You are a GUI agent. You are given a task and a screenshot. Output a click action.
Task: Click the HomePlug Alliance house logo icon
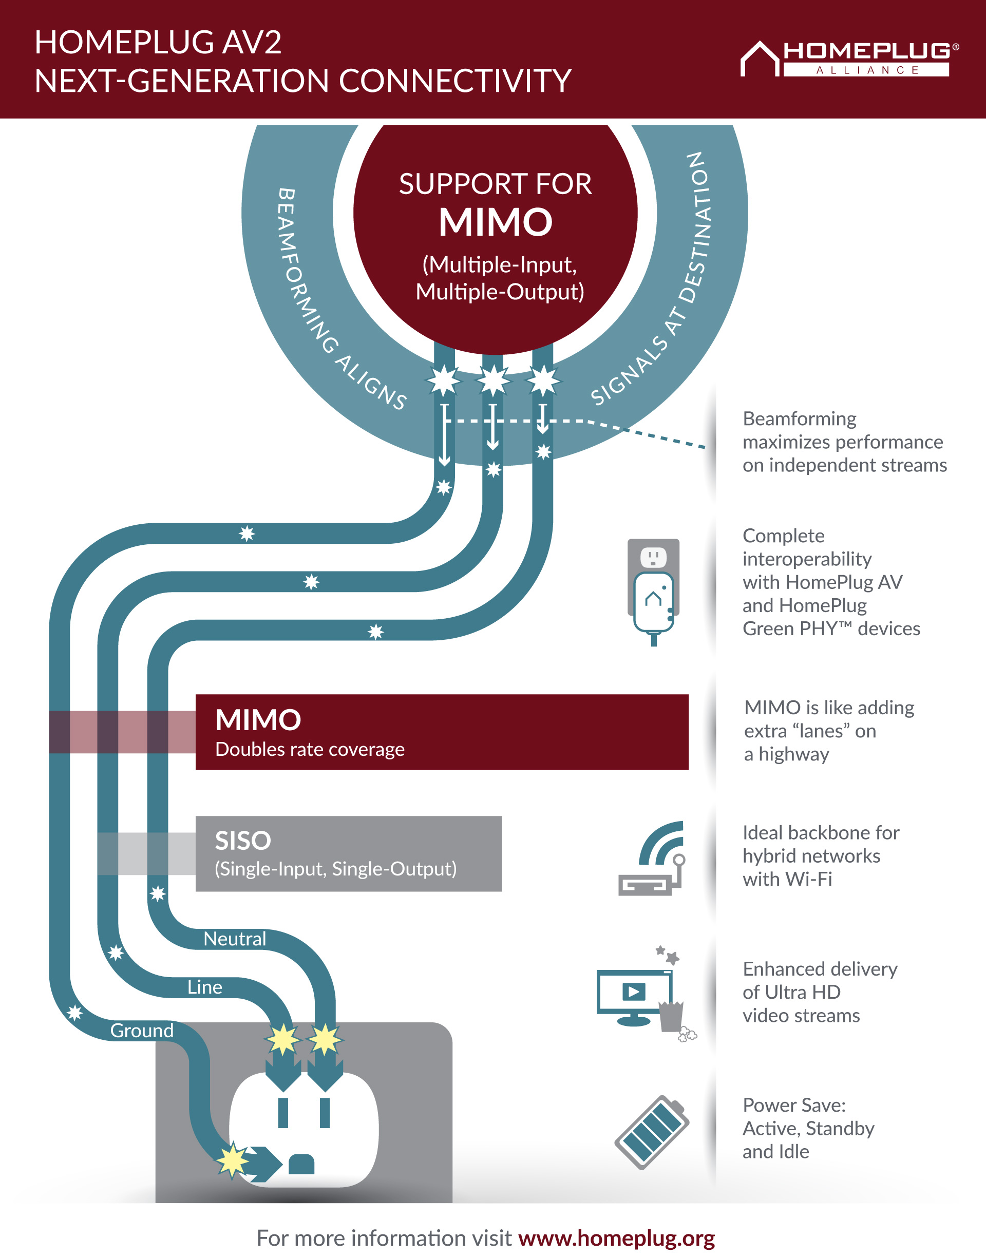tap(760, 59)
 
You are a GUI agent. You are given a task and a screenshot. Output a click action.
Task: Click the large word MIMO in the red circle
tap(495, 222)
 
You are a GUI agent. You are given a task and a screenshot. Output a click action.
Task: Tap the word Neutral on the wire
tap(235, 939)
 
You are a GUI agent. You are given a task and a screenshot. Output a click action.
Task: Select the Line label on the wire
tap(205, 987)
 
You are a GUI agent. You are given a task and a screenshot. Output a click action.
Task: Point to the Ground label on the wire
tap(142, 1030)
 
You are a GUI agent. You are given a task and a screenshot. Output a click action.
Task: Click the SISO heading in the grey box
tap(243, 840)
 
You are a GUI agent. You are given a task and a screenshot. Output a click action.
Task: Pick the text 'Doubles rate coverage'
tap(310, 749)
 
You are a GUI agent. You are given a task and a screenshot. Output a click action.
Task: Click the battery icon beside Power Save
tap(652, 1132)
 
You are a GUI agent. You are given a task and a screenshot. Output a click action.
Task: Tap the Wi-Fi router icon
tap(652, 858)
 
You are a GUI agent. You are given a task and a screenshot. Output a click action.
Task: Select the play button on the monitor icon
tap(633, 992)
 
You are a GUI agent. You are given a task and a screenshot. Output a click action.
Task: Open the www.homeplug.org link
tap(617, 1239)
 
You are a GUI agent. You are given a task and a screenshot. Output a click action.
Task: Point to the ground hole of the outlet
tap(301, 1164)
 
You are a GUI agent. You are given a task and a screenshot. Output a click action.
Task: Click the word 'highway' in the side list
tap(794, 755)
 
